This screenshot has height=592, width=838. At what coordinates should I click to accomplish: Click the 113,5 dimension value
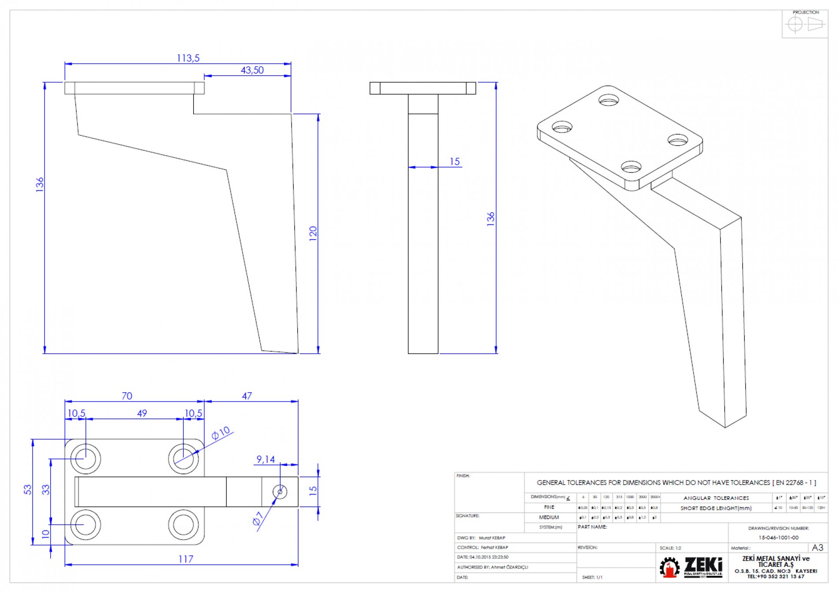(x=188, y=58)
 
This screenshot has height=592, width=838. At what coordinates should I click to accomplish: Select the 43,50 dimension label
(x=252, y=70)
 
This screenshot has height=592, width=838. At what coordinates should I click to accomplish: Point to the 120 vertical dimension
(x=313, y=232)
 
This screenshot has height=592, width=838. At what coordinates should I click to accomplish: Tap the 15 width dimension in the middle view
(x=455, y=162)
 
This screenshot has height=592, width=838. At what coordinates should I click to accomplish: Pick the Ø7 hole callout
(x=258, y=518)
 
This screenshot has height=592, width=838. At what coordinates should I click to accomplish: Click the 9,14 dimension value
(x=266, y=459)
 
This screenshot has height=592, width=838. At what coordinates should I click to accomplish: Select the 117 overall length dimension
(x=186, y=559)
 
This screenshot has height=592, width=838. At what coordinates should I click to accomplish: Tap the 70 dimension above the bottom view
(x=127, y=396)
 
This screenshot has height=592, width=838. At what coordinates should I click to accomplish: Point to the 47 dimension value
(x=247, y=396)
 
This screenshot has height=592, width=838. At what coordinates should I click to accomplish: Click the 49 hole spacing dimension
(x=142, y=413)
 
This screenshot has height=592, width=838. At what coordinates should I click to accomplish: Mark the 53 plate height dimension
(x=28, y=489)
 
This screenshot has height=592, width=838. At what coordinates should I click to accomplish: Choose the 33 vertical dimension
(x=46, y=489)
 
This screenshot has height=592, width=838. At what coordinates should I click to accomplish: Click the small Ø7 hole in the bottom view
(x=280, y=491)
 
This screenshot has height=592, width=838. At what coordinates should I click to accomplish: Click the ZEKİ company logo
(x=691, y=567)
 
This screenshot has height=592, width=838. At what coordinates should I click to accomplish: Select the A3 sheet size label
(x=817, y=547)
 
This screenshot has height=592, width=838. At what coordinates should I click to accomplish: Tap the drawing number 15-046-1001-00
(x=778, y=537)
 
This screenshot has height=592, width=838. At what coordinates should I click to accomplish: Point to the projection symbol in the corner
(x=805, y=24)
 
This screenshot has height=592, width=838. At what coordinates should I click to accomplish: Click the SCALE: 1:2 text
(x=670, y=548)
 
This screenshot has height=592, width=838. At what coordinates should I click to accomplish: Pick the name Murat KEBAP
(x=492, y=538)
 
